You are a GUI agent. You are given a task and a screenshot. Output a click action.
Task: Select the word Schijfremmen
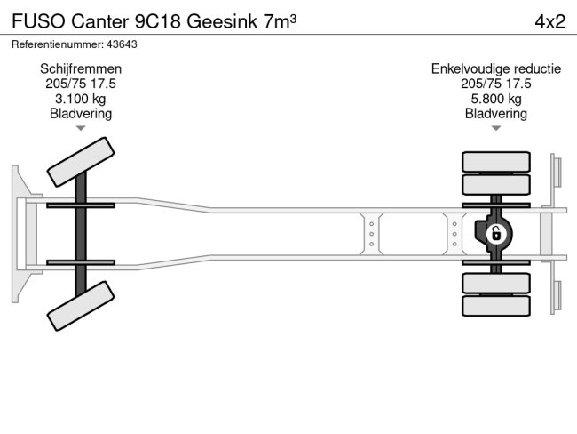coord(81,68)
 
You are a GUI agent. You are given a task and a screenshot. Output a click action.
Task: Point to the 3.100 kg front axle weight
coord(81,99)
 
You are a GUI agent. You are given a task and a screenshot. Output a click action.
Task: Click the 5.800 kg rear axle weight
coord(495,99)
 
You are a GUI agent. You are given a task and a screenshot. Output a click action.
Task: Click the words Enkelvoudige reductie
coord(495,68)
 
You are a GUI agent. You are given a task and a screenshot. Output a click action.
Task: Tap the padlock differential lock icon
coord(496,234)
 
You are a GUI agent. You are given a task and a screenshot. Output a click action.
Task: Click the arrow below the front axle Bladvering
coord(81,129)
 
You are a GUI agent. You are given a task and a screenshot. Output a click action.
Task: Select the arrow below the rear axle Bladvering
coord(495,129)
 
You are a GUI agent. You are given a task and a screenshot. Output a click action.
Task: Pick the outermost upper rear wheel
coord(495,162)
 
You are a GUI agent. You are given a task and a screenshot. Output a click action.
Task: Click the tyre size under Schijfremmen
coord(81,84)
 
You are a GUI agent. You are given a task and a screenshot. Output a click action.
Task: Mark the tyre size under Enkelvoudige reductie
coord(495,84)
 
